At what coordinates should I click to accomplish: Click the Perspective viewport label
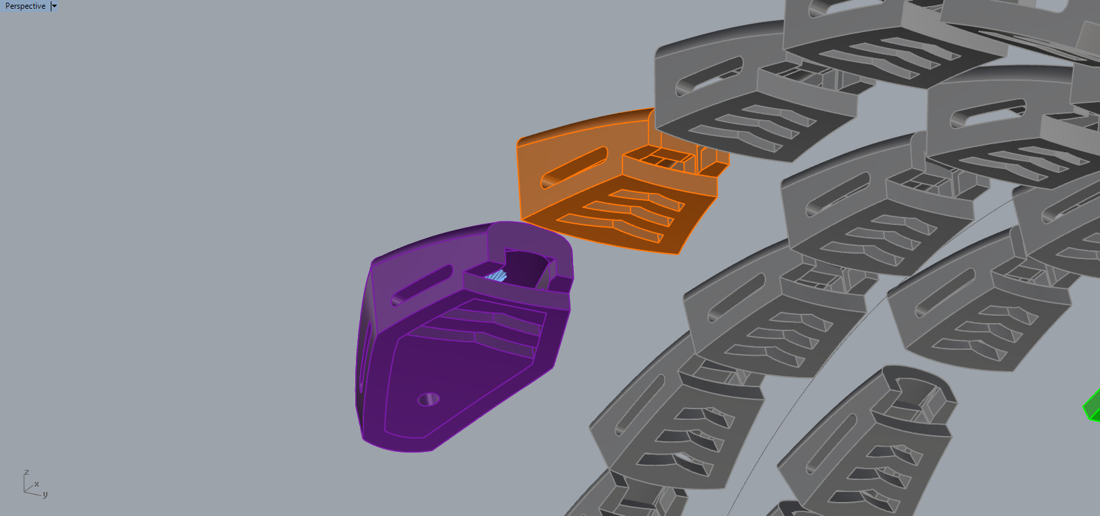tap(25, 6)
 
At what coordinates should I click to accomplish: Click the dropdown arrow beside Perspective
tap(54, 6)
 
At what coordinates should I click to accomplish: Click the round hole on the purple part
tap(428, 399)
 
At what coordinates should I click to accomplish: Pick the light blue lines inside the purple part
tap(496, 275)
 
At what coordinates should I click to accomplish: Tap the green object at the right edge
tap(1093, 406)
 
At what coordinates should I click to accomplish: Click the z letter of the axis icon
tap(26, 473)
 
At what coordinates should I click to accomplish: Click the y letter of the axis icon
tap(45, 495)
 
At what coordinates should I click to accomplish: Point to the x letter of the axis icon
tap(36, 485)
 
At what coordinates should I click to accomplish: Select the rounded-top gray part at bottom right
tap(868, 434)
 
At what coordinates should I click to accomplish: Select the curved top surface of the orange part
tap(581, 127)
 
